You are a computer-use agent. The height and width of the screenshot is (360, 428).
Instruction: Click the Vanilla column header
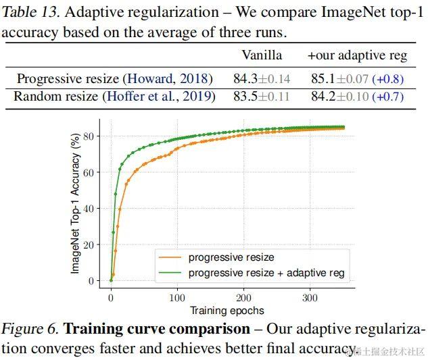coord(262,55)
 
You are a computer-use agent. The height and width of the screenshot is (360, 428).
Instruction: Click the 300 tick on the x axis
coord(309,297)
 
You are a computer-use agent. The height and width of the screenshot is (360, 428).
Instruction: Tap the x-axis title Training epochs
coord(227,311)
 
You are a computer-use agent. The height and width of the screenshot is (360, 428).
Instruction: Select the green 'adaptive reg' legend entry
coord(266,273)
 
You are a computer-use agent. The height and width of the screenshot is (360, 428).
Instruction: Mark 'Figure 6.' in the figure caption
coord(30,329)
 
